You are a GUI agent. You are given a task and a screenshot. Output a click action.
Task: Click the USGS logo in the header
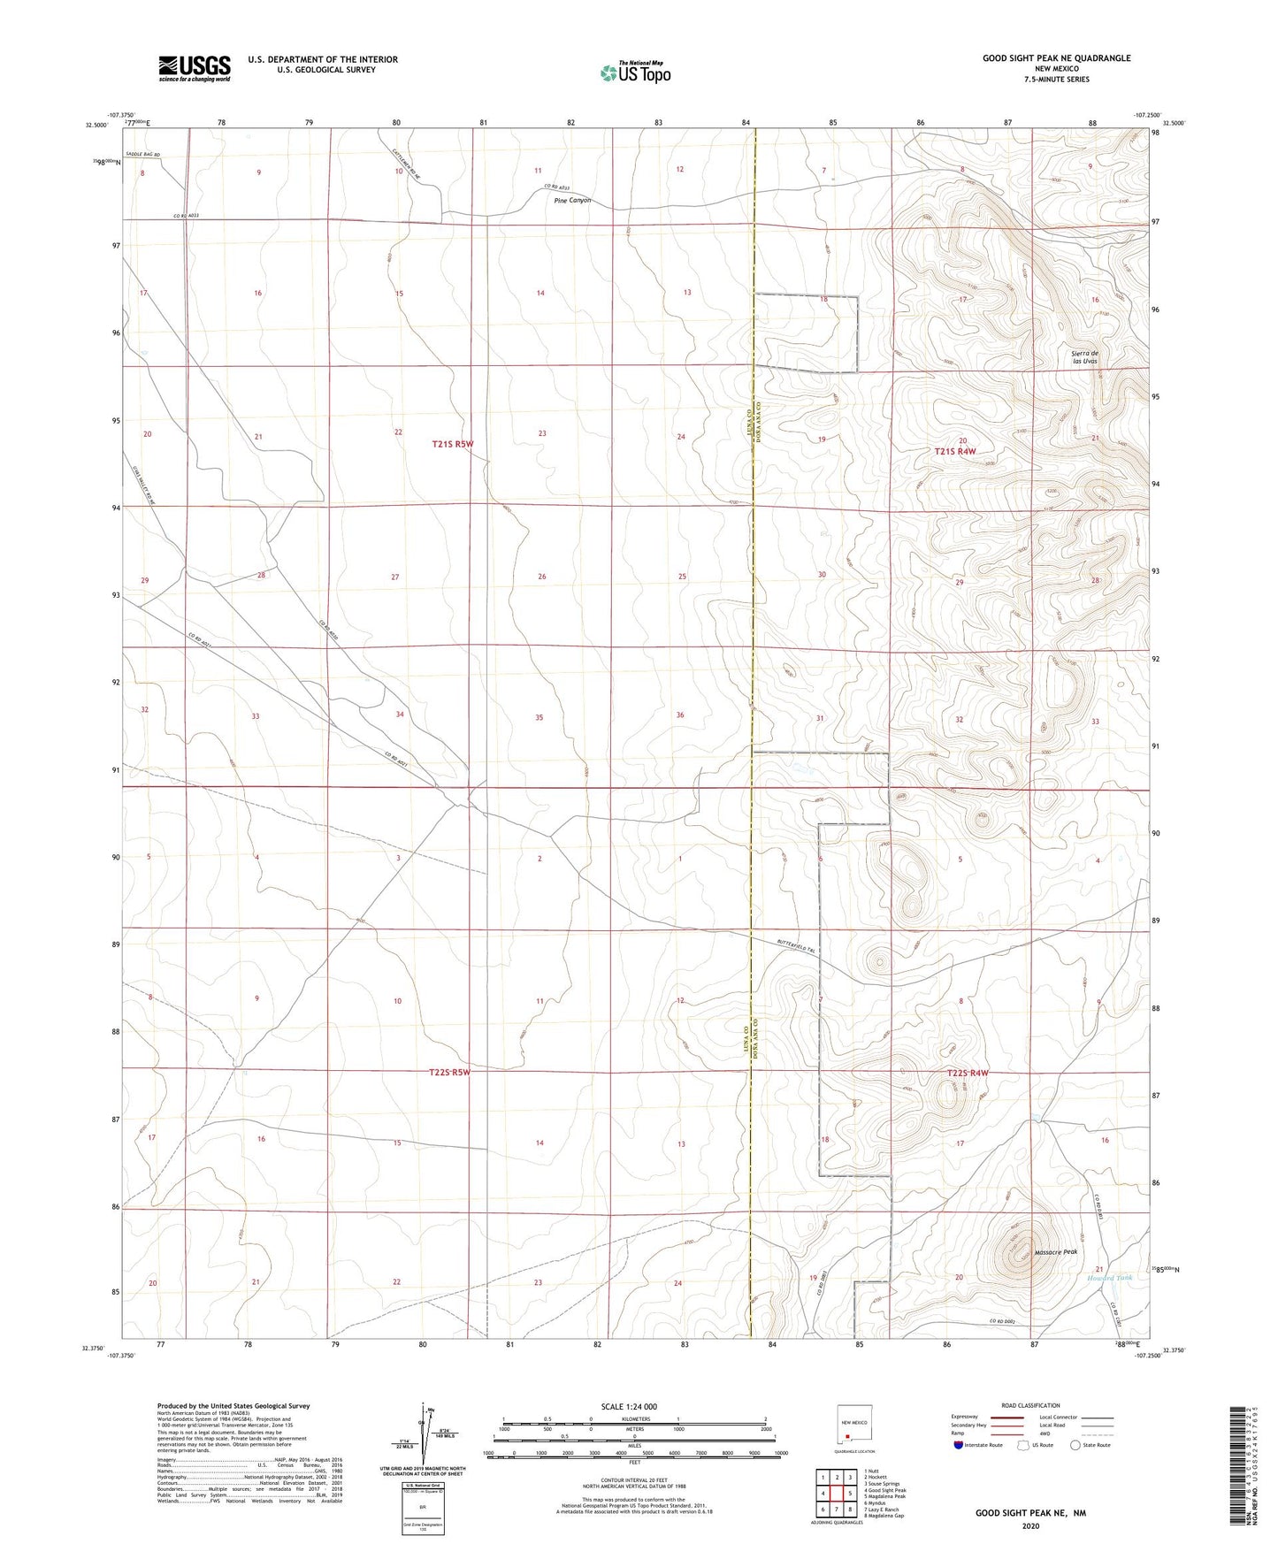[x=195, y=68]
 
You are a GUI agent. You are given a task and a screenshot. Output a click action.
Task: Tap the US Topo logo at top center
[x=634, y=73]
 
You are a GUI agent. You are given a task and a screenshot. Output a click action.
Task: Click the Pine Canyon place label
[x=572, y=201]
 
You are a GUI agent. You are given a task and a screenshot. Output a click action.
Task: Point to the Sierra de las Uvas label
[x=1084, y=357]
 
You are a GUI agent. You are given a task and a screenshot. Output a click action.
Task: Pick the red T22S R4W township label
[x=967, y=1073]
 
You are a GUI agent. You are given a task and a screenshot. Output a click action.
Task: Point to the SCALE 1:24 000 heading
[x=629, y=1407]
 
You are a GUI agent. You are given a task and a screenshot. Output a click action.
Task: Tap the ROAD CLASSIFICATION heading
[x=1030, y=1405]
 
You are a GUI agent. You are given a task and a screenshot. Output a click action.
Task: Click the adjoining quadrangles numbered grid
[x=837, y=1495]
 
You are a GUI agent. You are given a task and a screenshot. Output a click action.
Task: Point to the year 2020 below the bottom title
[x=1029, y=1526]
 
